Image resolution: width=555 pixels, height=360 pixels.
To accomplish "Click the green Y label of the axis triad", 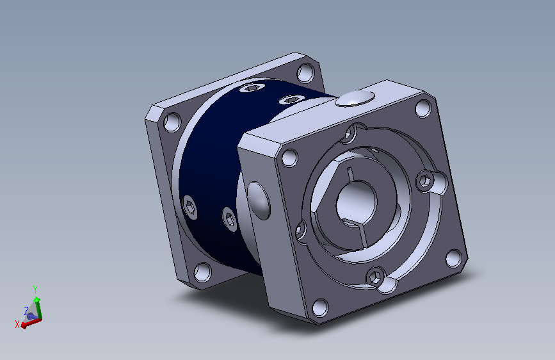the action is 35,290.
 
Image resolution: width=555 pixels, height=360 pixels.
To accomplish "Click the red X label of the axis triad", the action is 17,324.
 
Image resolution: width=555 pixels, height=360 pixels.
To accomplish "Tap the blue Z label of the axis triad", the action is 26,311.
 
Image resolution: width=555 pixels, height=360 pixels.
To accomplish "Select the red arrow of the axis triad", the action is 31,323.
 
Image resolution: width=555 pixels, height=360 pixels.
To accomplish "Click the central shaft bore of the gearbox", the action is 357,201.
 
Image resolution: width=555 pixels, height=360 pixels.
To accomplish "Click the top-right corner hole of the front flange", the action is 423,108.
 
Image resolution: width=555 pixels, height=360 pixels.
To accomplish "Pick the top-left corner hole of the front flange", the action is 290,158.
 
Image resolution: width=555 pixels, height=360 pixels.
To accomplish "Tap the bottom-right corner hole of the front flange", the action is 453,258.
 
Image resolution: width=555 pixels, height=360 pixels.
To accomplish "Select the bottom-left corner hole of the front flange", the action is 320,307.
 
